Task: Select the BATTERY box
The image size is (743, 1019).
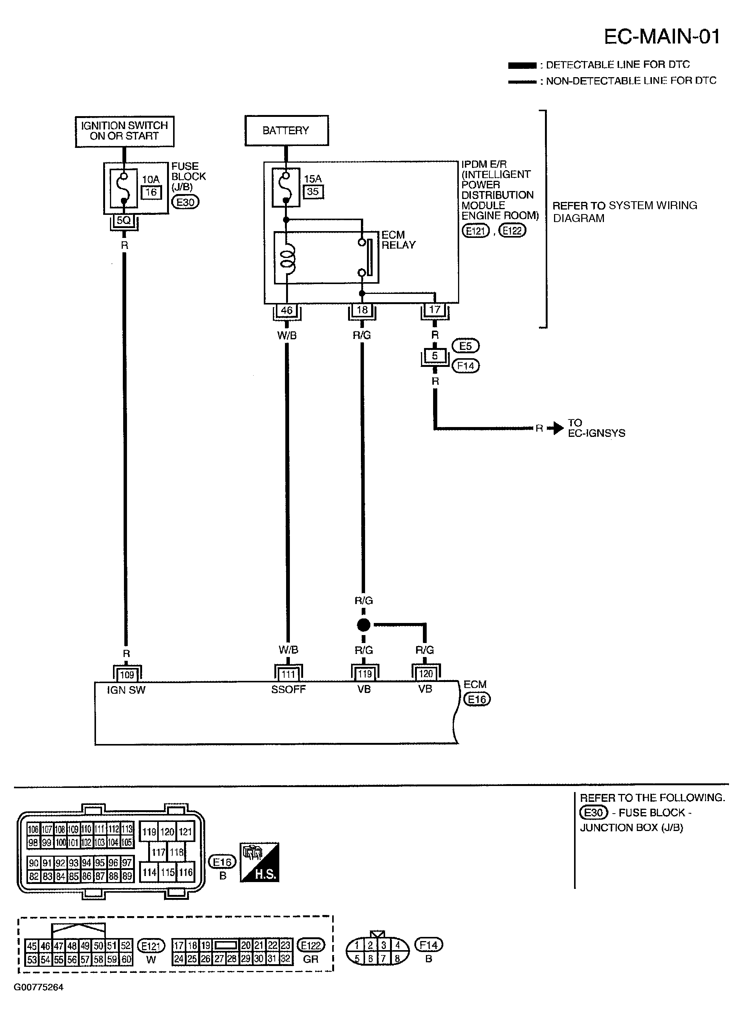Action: pyautogui.click(x=286, y=130)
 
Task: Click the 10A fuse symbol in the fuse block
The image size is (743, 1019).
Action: pyautogui.click(x=124, y=188)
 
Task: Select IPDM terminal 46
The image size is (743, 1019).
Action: pyautogui.click(x=286, y=310)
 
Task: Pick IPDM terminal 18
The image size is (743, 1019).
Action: pyautogui.click(x=362, y=310)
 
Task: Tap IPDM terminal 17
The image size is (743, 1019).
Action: pyautogui.click(x=435, y=310)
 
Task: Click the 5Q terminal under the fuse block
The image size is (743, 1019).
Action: pyautogui.click(x=124, y=221)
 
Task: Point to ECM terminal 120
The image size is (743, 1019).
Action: pyautogui.click(x=426, y=674)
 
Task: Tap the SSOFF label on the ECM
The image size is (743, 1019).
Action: pyautogui.click(x=288, y=690)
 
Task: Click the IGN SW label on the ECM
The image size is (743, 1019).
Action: pyautogui.click(x=126, y=690)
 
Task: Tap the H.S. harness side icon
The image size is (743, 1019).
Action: pyautogui.click(x=260, y=862)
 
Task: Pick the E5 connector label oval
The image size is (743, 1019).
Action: pyautogui.click(x=466, y=346)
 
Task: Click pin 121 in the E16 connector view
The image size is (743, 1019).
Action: pyautogui.click(x=185, y=831)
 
